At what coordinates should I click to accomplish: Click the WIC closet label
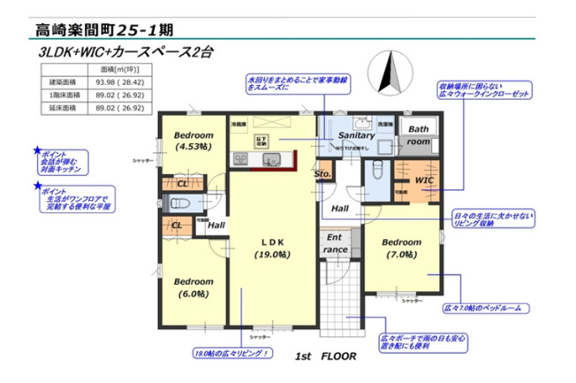[424, 180]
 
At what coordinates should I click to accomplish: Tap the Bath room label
[419, 134]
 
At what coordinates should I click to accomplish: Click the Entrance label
[335, 243]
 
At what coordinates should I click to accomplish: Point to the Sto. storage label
[322, 174]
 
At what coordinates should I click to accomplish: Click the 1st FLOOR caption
[326, 356]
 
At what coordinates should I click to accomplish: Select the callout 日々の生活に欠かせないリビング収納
[493, 218]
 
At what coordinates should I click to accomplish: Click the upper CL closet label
[182, 183]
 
